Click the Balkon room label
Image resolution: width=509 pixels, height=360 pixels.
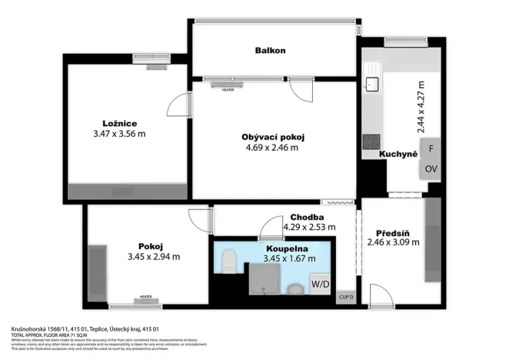point(271,51)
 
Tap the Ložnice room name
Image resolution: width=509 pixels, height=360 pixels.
point(120,123)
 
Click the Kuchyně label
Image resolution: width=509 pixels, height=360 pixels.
point(398,155)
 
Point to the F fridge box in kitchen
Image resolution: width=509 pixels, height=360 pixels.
point(431,148)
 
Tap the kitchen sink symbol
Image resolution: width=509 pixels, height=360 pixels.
point(374,82)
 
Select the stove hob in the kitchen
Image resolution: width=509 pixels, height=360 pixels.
point(371,141)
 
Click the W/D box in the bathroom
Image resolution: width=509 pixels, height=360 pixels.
point(320,284)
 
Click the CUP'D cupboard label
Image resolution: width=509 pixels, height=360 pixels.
point(346,298)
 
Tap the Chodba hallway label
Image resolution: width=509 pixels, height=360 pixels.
point(306,218)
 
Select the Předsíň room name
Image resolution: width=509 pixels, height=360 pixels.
point(392,233)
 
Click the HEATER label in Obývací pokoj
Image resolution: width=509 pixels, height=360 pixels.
point(228,89)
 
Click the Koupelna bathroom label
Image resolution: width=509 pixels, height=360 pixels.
point(288,249)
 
